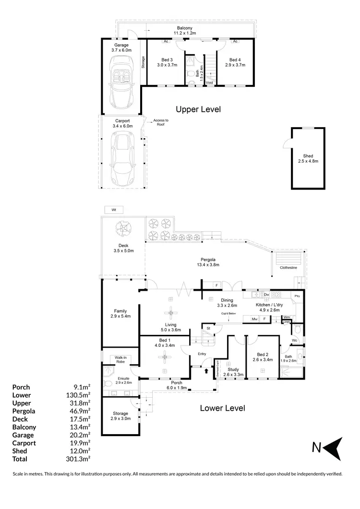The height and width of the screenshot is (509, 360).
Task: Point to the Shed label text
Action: pos(308,158)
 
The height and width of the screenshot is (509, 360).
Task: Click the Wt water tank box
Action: pos(114,210)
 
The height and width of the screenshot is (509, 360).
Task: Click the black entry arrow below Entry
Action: pos(207,370)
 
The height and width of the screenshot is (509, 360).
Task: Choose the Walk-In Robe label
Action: pos(119,360)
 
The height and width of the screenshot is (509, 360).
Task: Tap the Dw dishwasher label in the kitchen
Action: pos(266,294)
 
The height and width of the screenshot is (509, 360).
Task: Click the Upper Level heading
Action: pos(198,109)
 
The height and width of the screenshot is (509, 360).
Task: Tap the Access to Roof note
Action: pos(160,122)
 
